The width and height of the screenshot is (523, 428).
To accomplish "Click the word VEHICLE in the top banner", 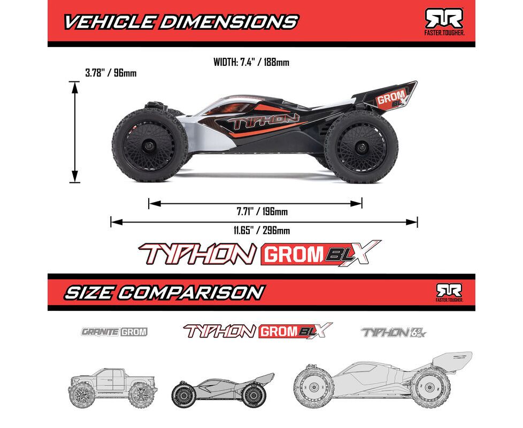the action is coord(109,22).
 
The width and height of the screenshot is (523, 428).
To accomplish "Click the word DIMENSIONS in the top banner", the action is coord(228,22).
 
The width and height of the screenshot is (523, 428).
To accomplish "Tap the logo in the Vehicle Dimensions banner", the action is coord(444,21).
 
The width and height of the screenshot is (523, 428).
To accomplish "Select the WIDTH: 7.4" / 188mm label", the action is coord(251,63).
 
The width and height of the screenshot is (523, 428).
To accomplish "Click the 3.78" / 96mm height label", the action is coord(111,73).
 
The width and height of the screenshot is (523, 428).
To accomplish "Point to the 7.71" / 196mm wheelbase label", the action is coord(262,211).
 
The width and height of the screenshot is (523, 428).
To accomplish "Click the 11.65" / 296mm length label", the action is coord(261,231).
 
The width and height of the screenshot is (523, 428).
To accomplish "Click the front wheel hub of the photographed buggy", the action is coord(149,146).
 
